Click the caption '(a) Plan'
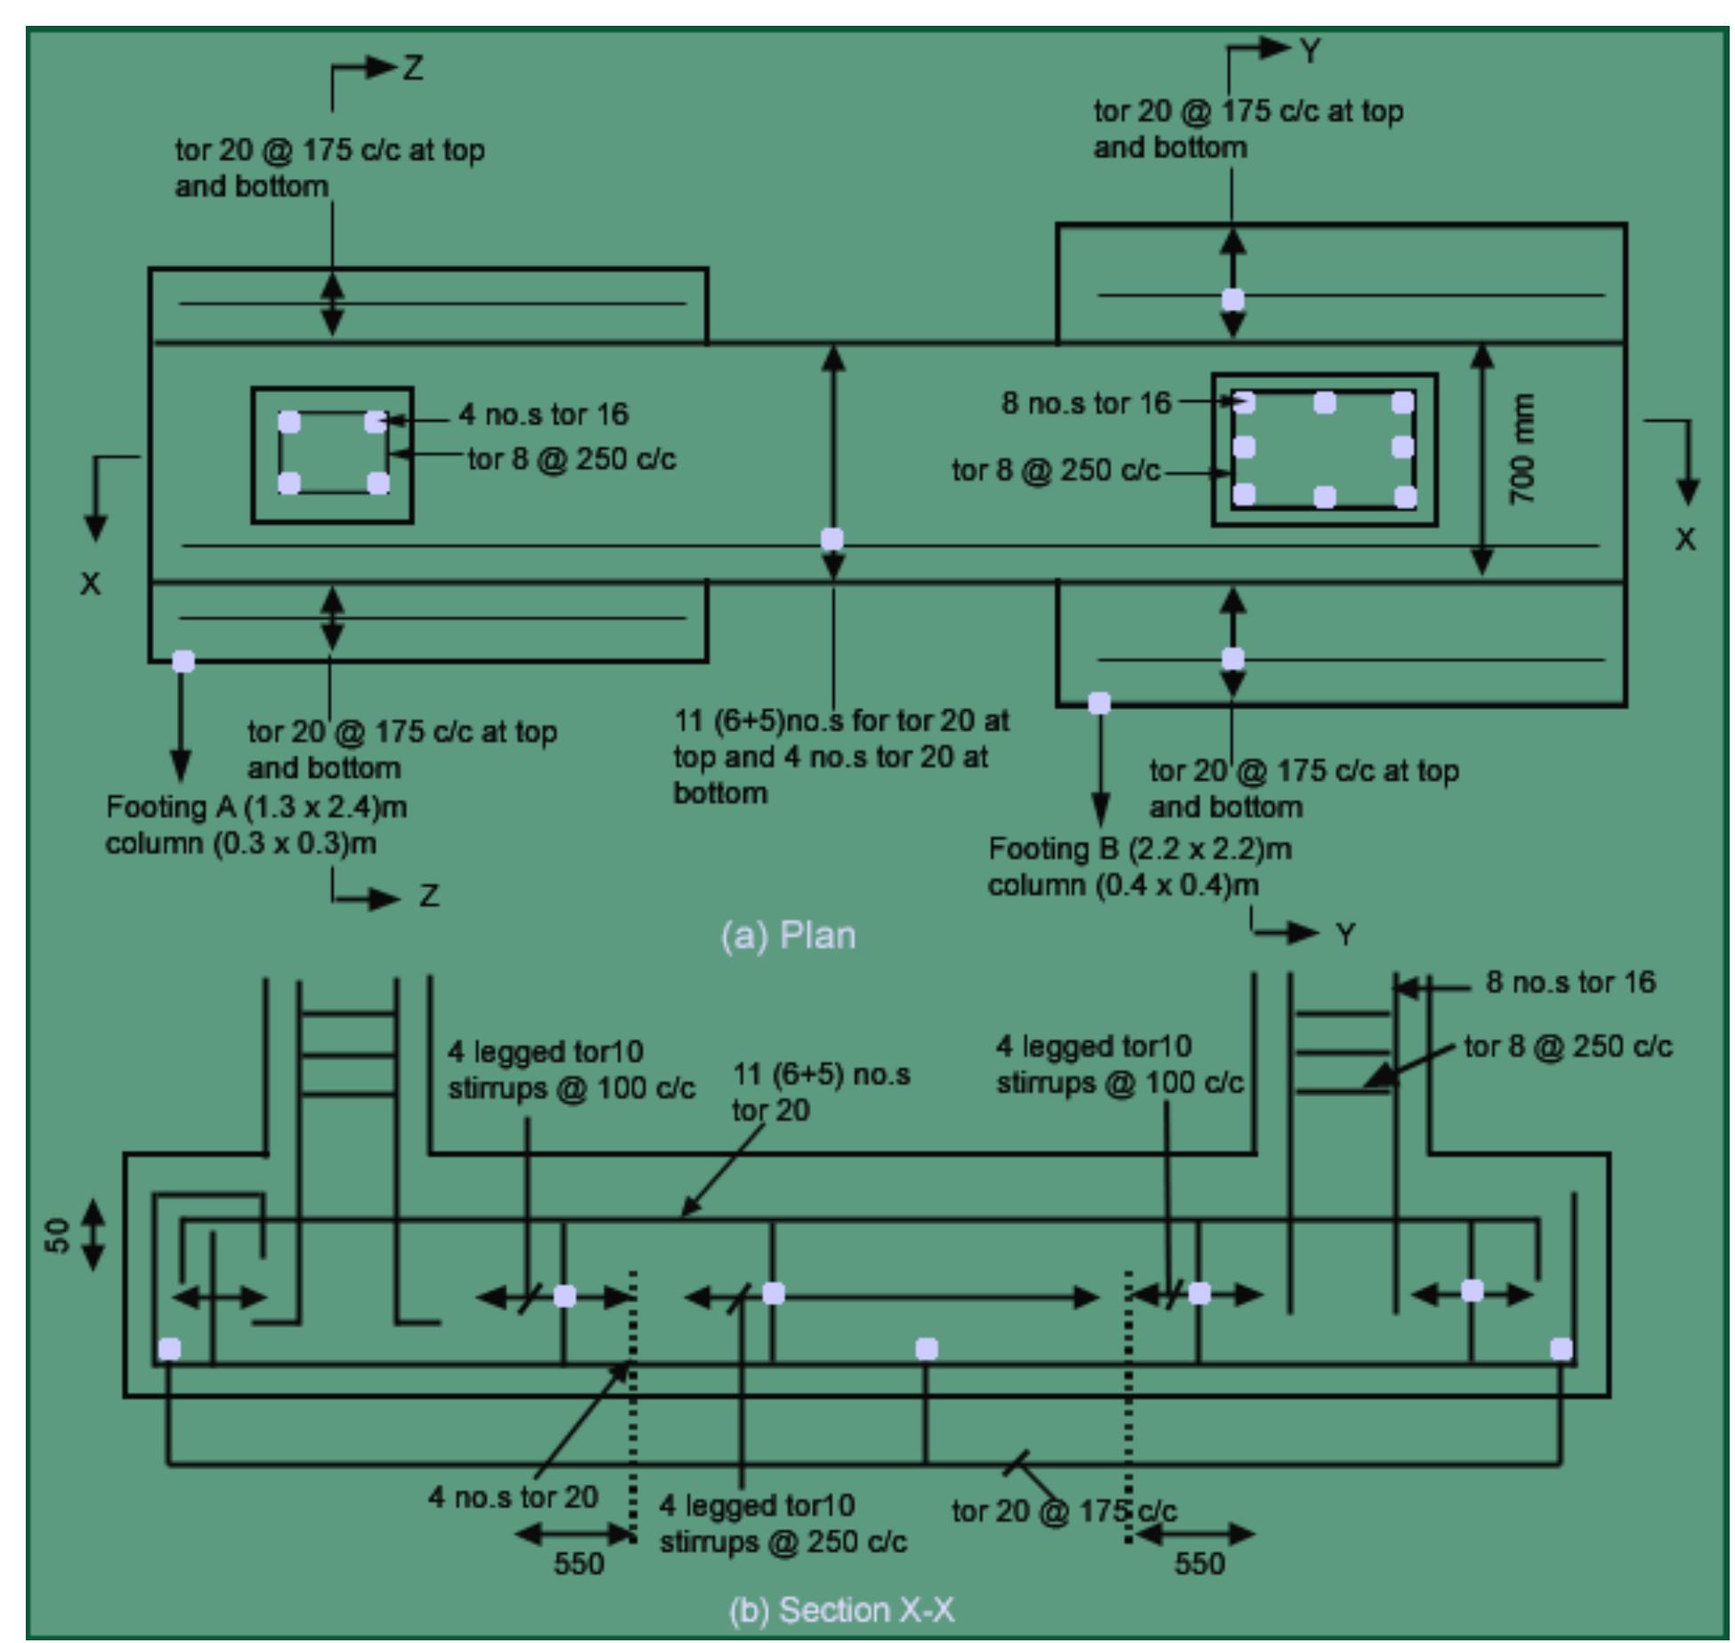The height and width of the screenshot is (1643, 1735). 788,936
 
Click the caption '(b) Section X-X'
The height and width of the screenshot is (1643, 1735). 841,1610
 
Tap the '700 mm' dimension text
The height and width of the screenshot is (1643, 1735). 1523,449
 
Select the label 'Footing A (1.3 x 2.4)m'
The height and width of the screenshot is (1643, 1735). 256,807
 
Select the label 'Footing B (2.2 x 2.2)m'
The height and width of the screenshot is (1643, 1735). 1139,849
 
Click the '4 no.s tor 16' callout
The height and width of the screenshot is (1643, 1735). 543,414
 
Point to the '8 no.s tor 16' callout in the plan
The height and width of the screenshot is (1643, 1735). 1086,403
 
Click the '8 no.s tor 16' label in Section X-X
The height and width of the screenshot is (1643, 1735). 1570,982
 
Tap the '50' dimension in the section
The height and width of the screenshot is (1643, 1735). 58,1235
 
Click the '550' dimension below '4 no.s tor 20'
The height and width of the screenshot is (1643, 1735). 579,1564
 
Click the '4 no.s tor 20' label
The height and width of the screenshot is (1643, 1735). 513,1497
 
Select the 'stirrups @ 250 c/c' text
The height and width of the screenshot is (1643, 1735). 783,1542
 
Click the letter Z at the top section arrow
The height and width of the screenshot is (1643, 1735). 413,68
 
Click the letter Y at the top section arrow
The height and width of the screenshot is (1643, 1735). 1309,52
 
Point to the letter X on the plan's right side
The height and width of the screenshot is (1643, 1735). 1685,540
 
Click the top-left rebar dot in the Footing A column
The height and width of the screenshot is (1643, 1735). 289,422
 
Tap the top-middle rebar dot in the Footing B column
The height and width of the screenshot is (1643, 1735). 1325,403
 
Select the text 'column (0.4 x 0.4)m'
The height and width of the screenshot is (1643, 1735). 1123,885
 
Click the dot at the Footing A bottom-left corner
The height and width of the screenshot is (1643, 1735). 183,661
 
